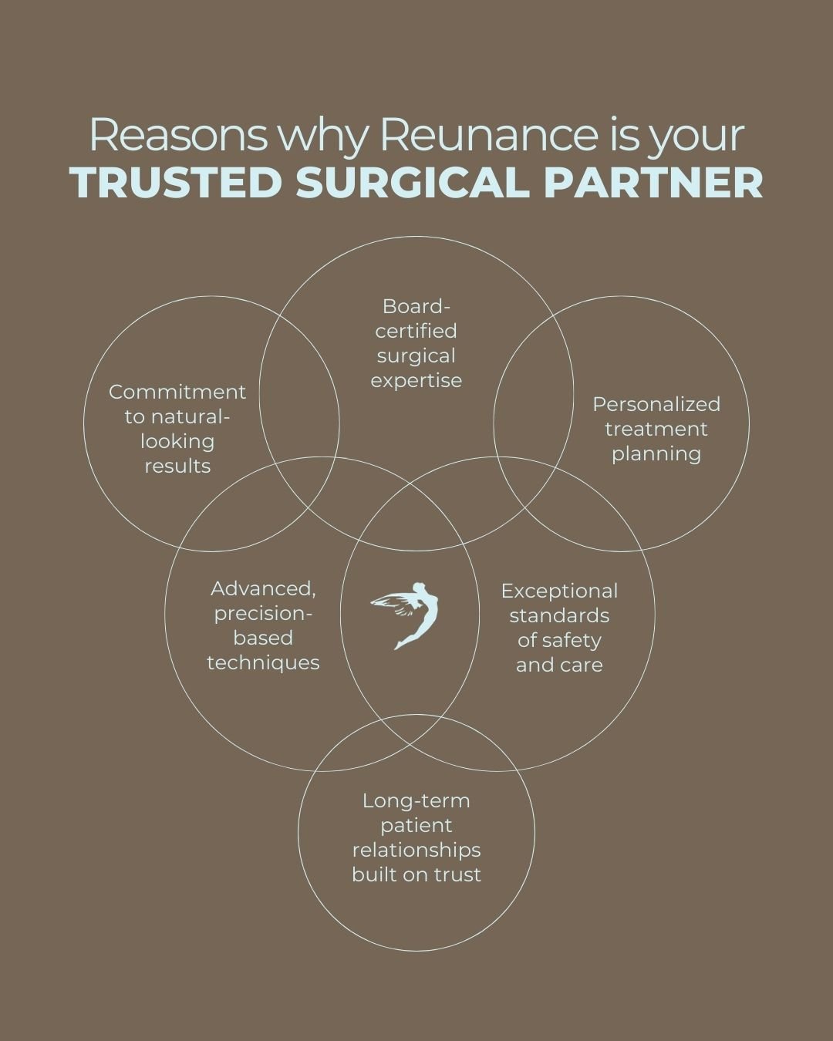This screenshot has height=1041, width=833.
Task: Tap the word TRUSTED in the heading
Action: point(175,183)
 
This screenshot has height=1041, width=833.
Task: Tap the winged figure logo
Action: point(406,615)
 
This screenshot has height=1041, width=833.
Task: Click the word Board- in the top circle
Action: point(416,306)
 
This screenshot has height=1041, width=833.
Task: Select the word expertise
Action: point(416,380)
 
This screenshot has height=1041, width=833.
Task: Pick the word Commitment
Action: point(177,392)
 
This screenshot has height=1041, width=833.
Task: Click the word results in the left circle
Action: point(177,466)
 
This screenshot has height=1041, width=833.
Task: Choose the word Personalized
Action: point(656,404)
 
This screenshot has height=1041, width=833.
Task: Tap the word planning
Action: point(656,453)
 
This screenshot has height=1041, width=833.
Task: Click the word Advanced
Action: point(263,588)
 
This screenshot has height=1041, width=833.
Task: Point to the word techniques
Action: point(263,662)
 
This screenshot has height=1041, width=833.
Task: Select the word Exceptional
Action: point(559,591)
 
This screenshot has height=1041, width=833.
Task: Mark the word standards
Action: point(559,615)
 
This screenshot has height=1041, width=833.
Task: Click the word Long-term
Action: point(416,800)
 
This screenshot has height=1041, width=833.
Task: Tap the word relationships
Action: point(416,850)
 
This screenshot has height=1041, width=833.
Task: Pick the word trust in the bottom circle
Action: point(459,874)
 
